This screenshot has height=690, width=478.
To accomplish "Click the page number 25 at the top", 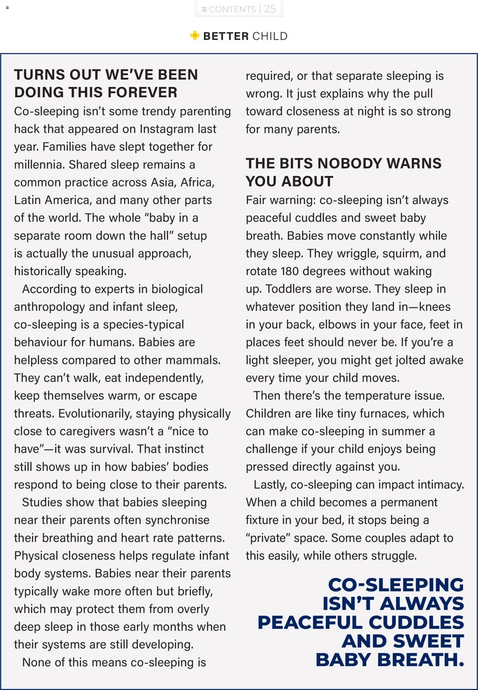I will tap(270, 9).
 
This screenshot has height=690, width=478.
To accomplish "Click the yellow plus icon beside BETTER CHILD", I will tap(195, 36).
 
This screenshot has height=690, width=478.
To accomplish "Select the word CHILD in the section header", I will tap(270, 36).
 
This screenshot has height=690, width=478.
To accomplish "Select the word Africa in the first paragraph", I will tap(197, 183).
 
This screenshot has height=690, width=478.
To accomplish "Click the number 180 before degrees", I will tap(290, 271).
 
